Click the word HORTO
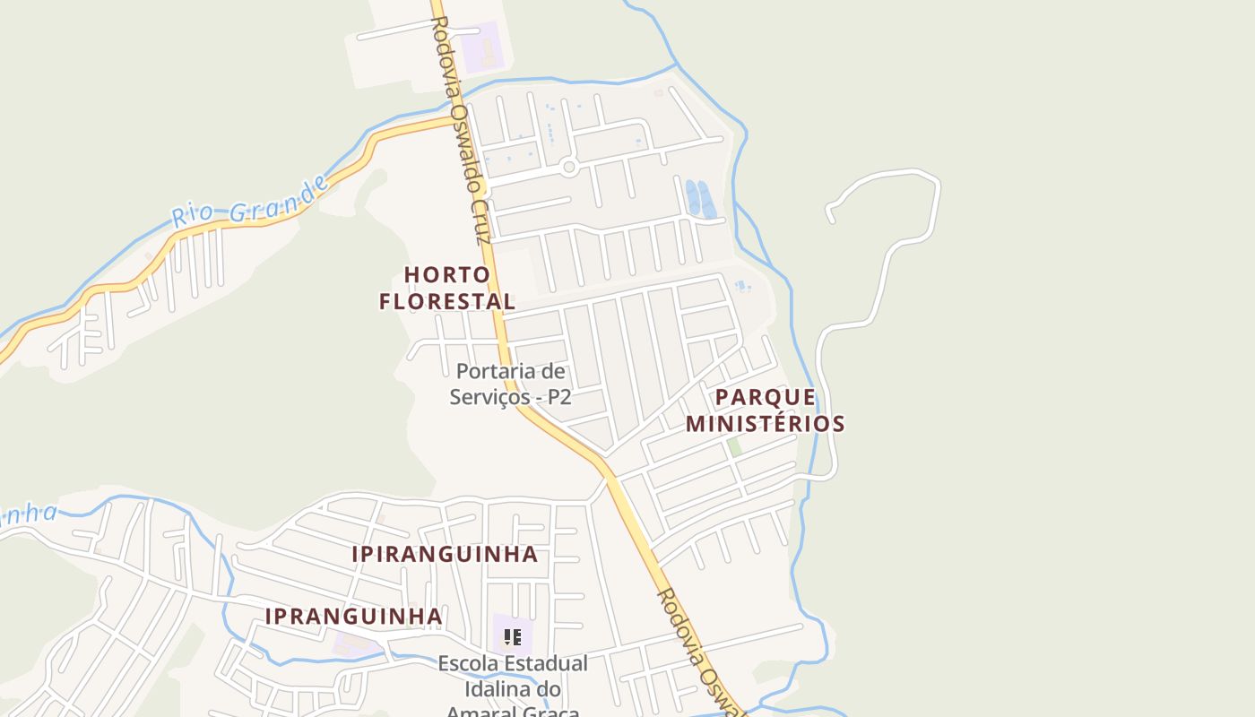(x=447, y=274)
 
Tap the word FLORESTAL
(x=447, y=301)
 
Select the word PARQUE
(x=766, y=397)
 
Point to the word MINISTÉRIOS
(x=766, y=423)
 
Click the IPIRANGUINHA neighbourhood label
(x=445, y=554)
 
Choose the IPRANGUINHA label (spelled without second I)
(x=354, y=617)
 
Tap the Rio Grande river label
(x=249, y=203)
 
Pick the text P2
(x=558, y=396)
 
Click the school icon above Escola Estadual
(x=512, y=637)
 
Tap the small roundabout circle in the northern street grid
(x=567, y=167)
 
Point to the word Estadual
(x=546, y=664)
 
